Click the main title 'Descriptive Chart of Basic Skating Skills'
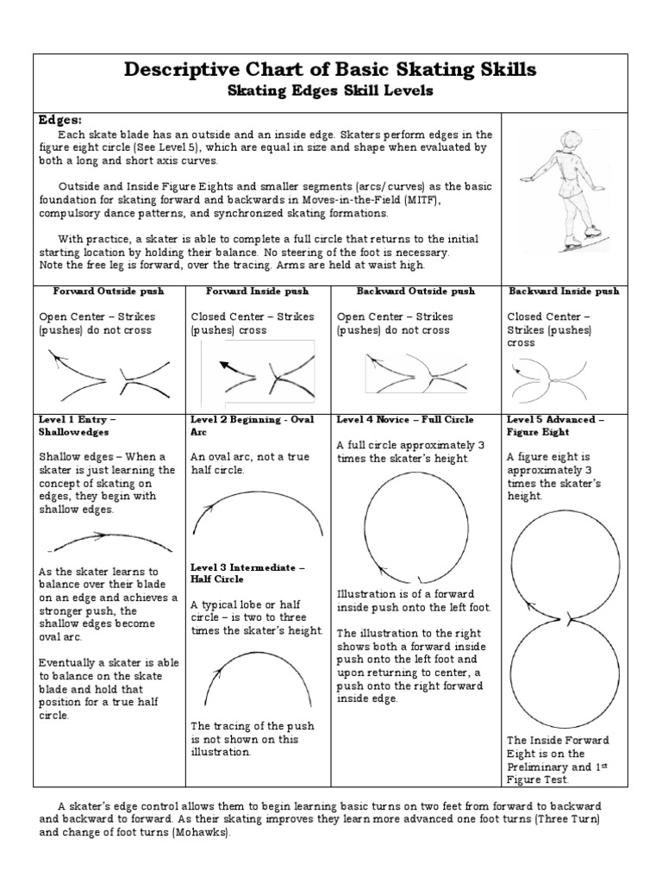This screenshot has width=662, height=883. tap(330, 71)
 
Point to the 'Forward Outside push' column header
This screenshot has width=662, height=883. tap(108, 291)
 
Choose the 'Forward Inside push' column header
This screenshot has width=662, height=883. tap(249, 291)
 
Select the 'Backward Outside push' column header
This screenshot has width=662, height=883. tap(405, 291)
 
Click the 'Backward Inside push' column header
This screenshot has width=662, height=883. tap(564, 291)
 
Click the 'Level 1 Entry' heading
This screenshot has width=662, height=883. tap(78, 425)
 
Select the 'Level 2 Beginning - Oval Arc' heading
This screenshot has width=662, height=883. tap(252, 425)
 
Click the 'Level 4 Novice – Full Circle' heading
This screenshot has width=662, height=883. tap(405, 419)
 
